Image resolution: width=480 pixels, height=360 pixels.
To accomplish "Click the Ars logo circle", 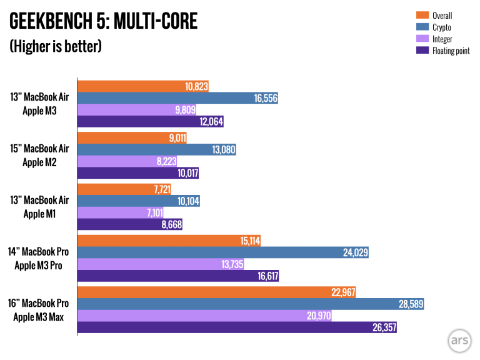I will pyautogui.click(x=459, y=341).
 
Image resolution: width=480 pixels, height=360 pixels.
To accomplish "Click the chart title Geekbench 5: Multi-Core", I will pyautogui.click(x=103, y=22).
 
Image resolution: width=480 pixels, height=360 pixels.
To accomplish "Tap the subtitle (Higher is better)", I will pyautogui.click(x=55, y=47).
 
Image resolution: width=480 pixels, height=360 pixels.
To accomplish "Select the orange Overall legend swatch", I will pyautogui.click(x=422, y=16).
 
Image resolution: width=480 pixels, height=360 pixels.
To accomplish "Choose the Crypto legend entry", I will pyautogui.click(x=441, y=27).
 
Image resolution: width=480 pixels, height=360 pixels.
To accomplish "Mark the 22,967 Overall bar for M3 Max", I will pyautogui.click(x=216, y=292).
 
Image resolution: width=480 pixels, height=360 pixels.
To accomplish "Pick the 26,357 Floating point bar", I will pyautogui.click(x=237, y=327).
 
